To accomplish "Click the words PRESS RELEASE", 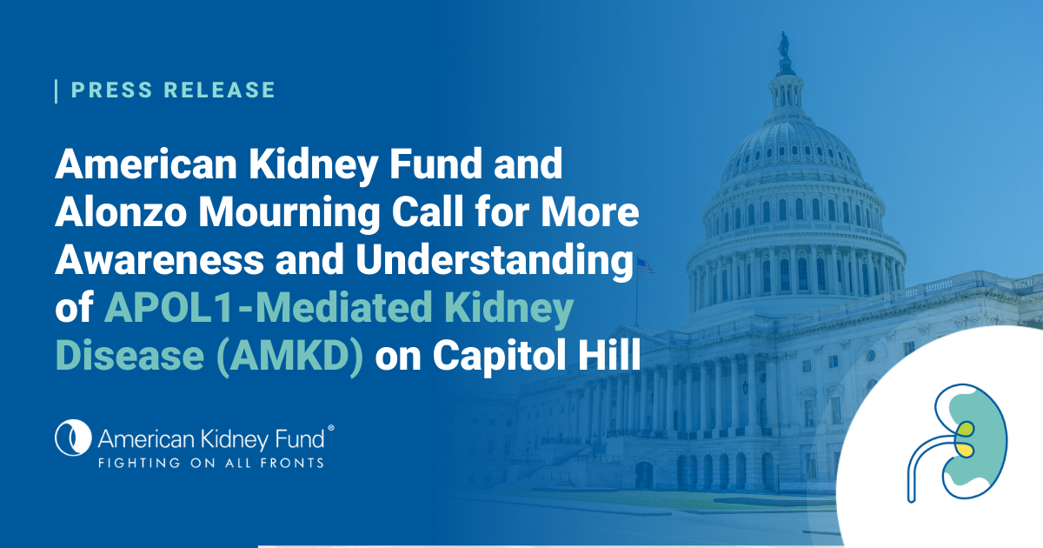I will pyautogui.click(x=173, y=90).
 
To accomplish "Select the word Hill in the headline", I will pyautogui.click(x=609, y=357).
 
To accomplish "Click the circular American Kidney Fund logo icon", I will pyautogui.click(x=73, y=437).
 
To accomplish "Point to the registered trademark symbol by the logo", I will pyautogui.click(x=329, y=428).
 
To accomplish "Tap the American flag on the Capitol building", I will pyautogui.click(x=644, y=266).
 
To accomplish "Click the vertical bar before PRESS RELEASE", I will pyautogui.click(x=56, y=90).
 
